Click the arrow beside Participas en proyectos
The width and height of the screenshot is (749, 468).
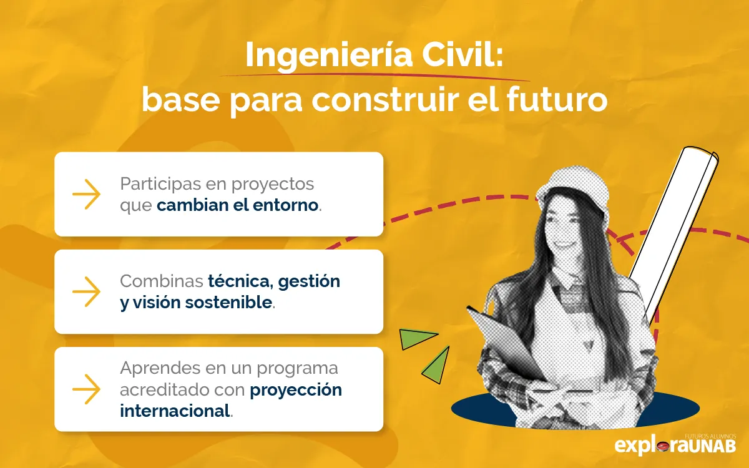pyautogui.click(x=86, y=194)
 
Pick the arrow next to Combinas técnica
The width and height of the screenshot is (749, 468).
pyautogui.click(x=86, y=291)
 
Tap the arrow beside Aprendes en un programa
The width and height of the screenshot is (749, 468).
pyautogui.click(x=86, y=389)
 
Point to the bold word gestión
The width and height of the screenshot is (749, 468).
pyautogui.click(x=309, y=281)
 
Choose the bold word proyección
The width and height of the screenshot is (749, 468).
pyautogui.click(x=296, y=390)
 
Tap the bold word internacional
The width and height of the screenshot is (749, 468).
pyautogui.click(x=175, y=411)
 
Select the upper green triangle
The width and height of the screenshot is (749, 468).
pyautogui.click(x=418, y=338)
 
